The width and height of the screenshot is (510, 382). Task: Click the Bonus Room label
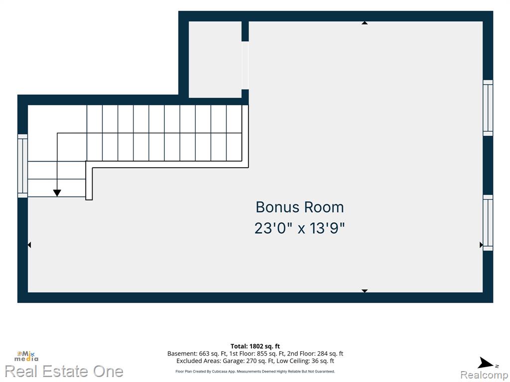click(299, 207)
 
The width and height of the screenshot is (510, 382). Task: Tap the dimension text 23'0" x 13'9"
click(299, 228)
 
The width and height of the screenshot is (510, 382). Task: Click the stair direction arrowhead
click(57, 193)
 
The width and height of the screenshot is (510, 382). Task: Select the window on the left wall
click(22, 166)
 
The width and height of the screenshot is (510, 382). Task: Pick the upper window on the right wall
click(488, 108)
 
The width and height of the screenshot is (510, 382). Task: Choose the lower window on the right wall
click(488, 223)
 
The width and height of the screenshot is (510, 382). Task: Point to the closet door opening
click(245, 65)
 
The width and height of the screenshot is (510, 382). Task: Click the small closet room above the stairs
click(215, 60)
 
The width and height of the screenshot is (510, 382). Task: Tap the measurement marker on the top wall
click(365, 23)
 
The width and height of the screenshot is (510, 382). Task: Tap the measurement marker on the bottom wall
click(365, 290)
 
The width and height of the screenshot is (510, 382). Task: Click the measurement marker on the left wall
click(29, 245)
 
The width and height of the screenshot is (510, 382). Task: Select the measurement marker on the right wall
click(481, 245)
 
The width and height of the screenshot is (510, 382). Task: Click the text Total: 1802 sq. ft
click(255, 346)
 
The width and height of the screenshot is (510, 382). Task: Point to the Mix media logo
click(26, 356)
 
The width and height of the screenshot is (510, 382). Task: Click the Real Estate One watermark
click(64, 371)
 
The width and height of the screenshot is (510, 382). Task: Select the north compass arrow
click(485, 363)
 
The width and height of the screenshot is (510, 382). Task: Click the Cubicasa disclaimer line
click(255, 371)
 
